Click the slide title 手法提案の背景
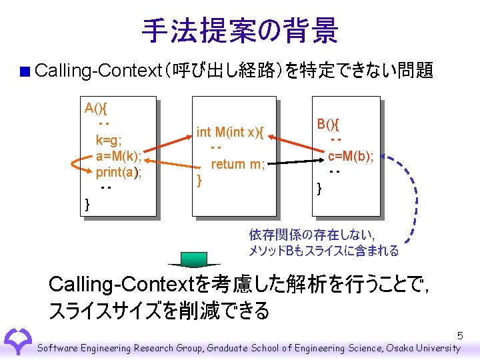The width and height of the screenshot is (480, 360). click(x=240, y=30)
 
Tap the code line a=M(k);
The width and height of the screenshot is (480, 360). click(x=119, y=157)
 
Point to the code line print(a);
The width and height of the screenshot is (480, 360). click(x=119, y=173)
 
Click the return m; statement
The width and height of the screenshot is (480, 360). click(x=238, y=164)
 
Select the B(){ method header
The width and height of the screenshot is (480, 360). click(x=328, y=124)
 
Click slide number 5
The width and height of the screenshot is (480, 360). click(x=460, y=335)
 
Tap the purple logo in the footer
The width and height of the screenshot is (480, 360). click(x=17, y=340)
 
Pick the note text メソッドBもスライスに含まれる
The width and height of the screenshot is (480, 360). click(x=324, y=251)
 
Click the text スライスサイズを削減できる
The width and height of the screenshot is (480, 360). click(x=159, y=311)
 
